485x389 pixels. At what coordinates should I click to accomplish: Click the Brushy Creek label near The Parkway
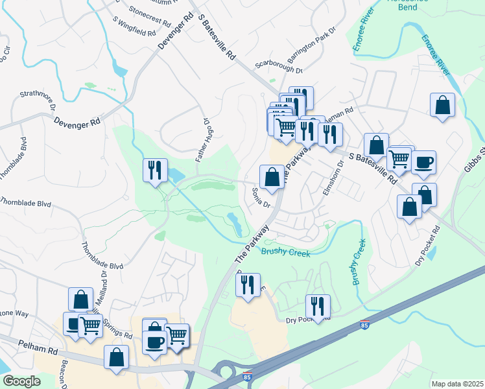pos(285,252)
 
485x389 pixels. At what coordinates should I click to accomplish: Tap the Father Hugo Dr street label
pos(202,139)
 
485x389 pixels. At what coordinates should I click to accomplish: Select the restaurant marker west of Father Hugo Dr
pos(155,171)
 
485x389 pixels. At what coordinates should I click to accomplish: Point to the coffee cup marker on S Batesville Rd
pos(423,163)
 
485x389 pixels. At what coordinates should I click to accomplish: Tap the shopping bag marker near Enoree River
pos(442,105)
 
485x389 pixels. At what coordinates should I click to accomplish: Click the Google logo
pos(21,381)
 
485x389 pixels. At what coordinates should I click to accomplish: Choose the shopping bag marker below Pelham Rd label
pos(116,358)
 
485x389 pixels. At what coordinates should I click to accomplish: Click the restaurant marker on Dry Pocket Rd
pos(318,306)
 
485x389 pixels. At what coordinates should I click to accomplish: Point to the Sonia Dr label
pos(260,197)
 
